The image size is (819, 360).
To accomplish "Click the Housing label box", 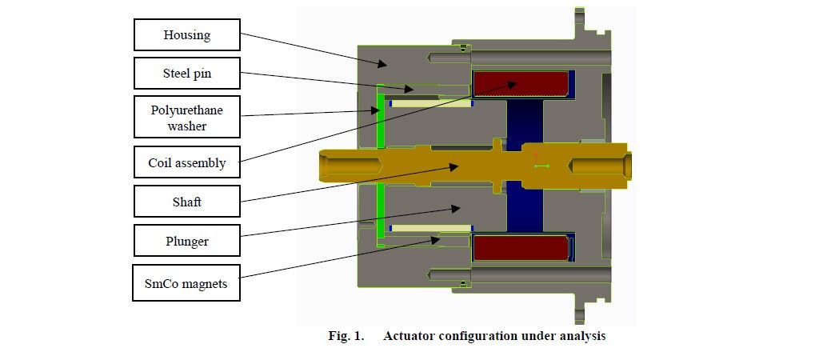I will (186, 35).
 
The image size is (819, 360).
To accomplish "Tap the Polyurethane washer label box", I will (186, 118).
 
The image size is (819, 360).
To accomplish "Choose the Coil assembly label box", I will (186, 163).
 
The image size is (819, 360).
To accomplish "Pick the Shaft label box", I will (186, 202).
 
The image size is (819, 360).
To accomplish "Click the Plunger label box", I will (186, 241).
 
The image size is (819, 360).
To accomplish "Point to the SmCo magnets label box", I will (186, 283).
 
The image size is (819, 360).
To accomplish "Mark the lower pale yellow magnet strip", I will (430, 228).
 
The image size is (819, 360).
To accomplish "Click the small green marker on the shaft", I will (541, 166).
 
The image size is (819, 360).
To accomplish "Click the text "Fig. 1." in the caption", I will (346, 336).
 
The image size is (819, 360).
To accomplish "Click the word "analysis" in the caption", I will (581, 336).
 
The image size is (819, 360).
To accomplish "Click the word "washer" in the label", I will (186, 126).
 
